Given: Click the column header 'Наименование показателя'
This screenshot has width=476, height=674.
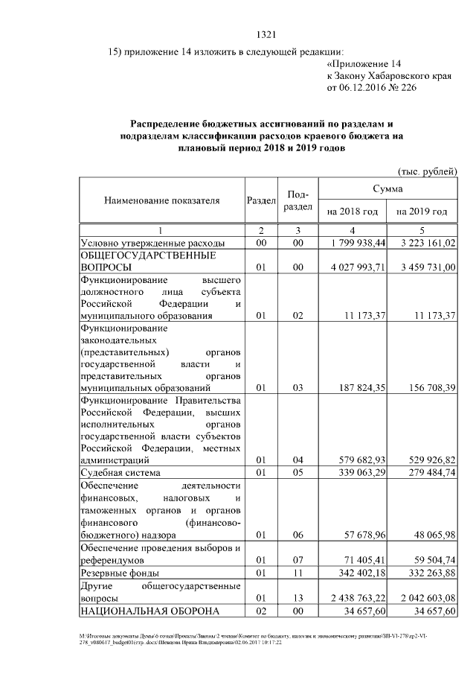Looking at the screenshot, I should click(x=162, y=201).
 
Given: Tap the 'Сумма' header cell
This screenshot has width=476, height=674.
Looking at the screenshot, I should click(x=387, y=189).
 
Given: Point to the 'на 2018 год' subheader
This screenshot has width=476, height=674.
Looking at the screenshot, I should click(x=353, y=212).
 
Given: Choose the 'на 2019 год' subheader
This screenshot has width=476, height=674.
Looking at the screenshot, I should click(x=422, y=212).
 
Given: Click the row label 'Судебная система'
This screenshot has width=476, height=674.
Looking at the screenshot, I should click(x=123, y=473).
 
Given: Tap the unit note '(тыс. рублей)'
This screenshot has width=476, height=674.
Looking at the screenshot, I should click(x=428, y=171).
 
